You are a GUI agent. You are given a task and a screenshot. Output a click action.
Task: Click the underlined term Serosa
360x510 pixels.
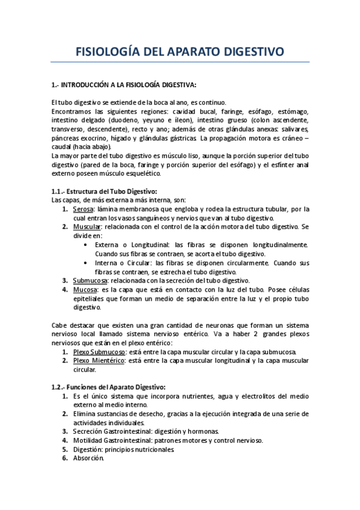(84, 209)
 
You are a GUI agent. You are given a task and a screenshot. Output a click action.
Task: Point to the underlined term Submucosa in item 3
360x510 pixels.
(90, 280)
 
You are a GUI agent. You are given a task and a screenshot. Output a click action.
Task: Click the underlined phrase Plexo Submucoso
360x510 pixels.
(99, 351)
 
